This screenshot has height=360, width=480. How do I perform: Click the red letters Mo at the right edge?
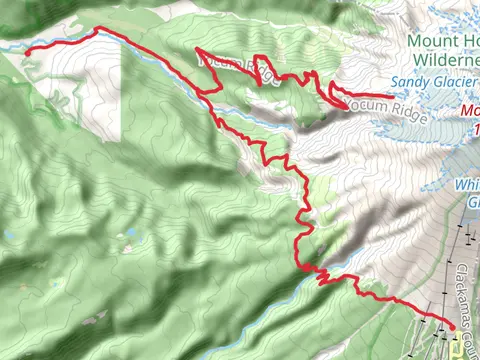471,109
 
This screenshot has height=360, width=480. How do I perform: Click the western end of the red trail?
25,48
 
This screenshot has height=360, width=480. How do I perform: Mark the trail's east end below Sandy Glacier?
392,96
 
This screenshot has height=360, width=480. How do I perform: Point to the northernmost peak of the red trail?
100,28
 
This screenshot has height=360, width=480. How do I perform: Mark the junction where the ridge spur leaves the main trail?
208,92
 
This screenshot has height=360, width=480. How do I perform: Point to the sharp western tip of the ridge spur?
196,49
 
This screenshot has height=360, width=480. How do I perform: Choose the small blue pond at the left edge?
7,236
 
